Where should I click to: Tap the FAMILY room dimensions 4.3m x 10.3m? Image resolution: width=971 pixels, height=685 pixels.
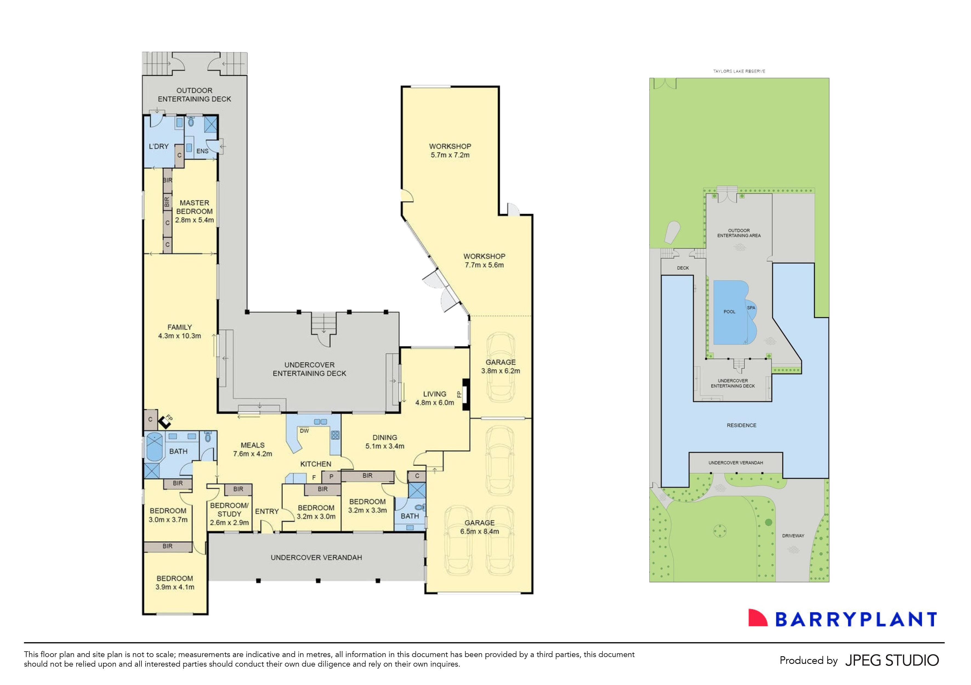[179, 336]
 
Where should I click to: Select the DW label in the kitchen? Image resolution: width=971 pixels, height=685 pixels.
[304, 431]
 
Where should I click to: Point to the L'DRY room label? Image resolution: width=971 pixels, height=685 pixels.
[159, 146]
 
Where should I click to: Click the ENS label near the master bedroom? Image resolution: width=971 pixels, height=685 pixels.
[202, 151]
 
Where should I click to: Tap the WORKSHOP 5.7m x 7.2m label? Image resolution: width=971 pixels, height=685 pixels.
[450, 150]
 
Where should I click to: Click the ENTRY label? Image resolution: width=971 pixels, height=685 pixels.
[267, 511]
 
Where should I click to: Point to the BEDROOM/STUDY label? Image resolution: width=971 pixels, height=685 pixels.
[229, 510]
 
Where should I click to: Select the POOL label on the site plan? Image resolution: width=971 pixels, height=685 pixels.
[729, 312]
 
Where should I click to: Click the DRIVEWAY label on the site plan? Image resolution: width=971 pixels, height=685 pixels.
[793, 536]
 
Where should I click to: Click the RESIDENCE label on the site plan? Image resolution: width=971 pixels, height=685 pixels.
[741, 426]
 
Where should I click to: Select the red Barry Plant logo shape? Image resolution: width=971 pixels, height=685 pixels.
[757, 618]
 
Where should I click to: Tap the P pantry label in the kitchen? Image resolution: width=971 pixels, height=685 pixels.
[331, 477]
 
